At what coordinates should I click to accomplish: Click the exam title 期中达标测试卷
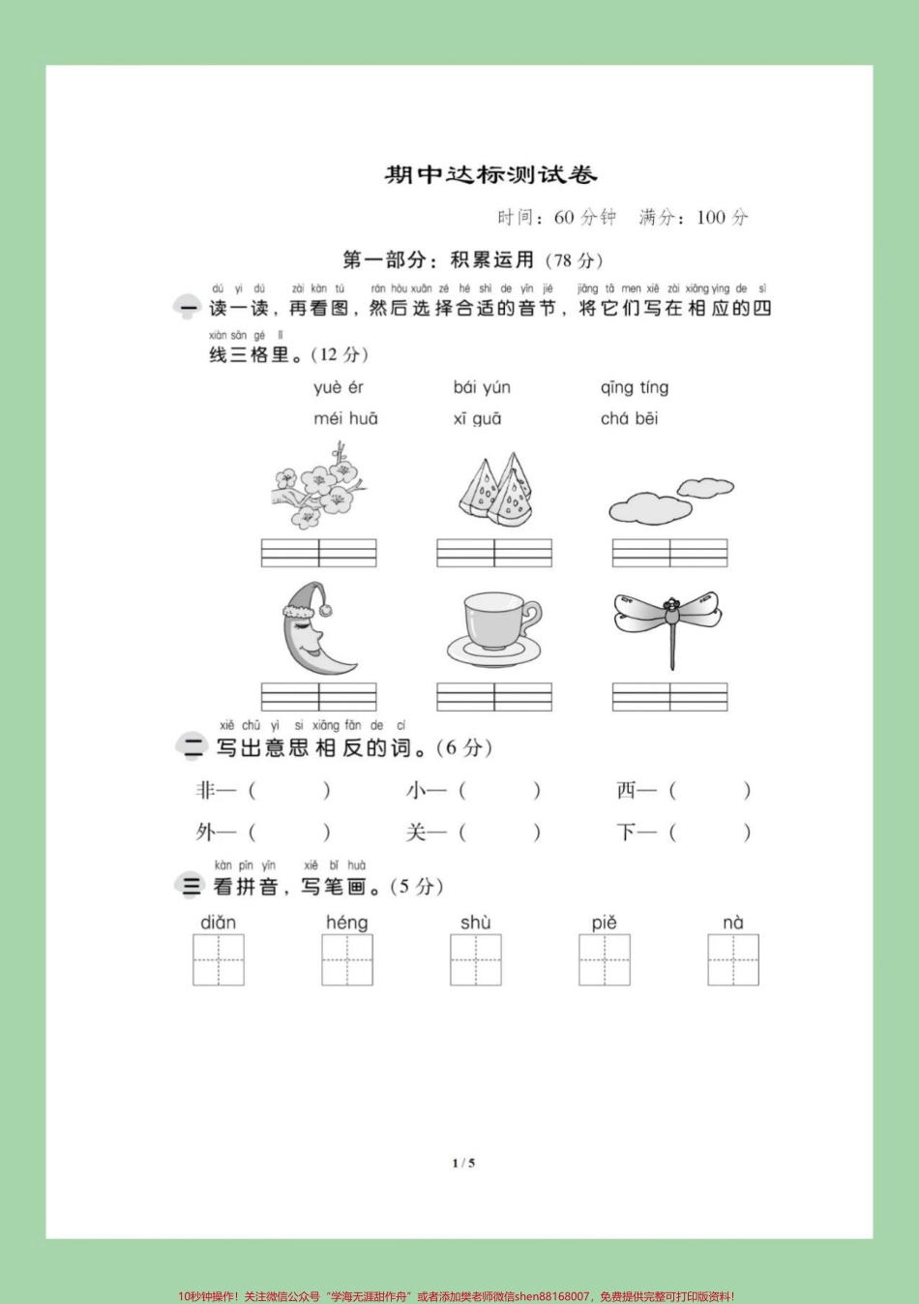click(490, 175)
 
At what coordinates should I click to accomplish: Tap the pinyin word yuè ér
click(339, 388)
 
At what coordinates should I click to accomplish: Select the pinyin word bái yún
click(482, 388)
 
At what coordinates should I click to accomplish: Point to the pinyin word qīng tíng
click(634, 388)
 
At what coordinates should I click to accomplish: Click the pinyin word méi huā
click(345, 419)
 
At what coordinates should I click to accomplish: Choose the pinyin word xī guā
click(477, 419)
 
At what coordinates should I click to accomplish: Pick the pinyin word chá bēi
click(629, 419)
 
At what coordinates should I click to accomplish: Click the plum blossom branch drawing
click(318, 486)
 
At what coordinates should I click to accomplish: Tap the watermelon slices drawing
click(494, 490)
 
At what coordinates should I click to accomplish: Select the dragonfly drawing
click(668, 622)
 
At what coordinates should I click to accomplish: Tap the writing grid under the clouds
click(669, 552)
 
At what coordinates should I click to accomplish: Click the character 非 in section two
click(205, 791)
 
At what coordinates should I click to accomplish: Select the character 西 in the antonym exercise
click(626, 791)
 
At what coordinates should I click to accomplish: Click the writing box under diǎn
click(219, 959)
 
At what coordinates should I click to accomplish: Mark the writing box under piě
click(605, 959)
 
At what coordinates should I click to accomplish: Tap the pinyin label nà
click(733, 923)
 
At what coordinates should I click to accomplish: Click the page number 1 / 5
click(463, 1163)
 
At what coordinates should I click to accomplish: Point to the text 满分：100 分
click(694, 218)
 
